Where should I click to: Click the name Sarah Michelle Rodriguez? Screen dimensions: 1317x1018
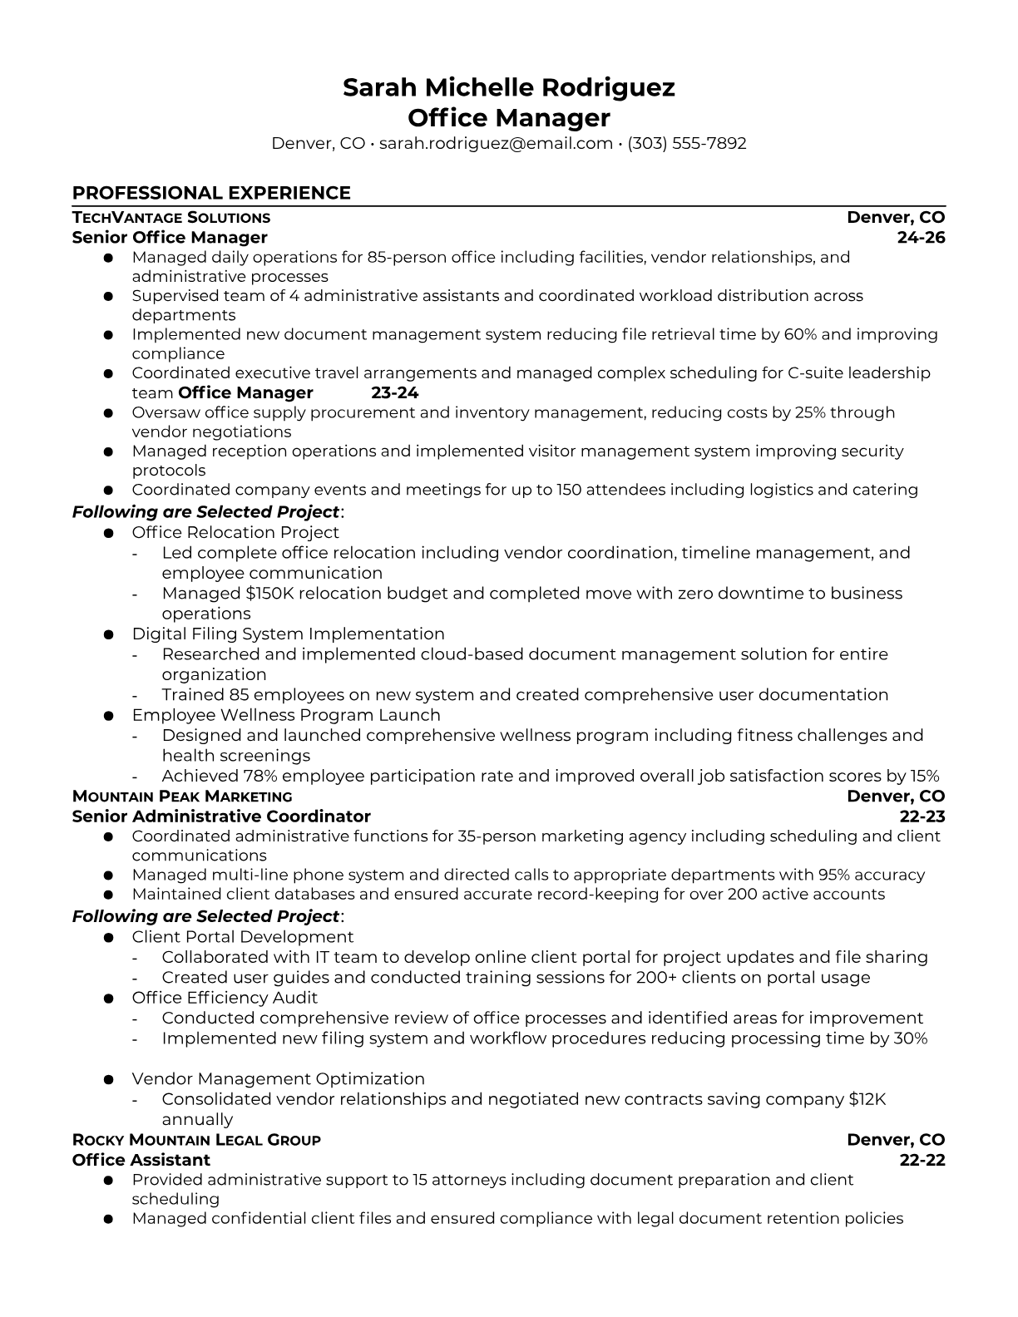point(508,87)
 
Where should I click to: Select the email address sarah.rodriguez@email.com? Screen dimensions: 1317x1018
point(496,144)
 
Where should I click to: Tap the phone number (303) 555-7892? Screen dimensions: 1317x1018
point(687,144)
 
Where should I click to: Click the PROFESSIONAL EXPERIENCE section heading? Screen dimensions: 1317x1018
point(211,194)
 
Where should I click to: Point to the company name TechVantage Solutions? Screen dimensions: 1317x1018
point(171,218)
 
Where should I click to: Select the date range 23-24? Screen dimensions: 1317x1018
point(394,393)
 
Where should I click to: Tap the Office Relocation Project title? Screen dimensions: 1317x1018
point(235,533)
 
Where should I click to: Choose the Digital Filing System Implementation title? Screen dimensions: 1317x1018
point(288,634)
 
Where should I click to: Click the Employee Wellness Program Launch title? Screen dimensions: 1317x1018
point(286,715)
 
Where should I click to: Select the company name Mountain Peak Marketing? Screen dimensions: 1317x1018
point(182,797)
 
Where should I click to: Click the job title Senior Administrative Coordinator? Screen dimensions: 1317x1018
point(221,816)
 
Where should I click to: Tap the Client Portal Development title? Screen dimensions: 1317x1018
point(243,938)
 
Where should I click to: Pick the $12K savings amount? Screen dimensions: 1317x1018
point(867,1100)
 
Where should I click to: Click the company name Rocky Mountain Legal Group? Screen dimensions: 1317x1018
point(196,1140)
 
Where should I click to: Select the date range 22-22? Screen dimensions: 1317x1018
point(922,1160)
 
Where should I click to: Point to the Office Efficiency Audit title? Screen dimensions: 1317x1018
point(225,999)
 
